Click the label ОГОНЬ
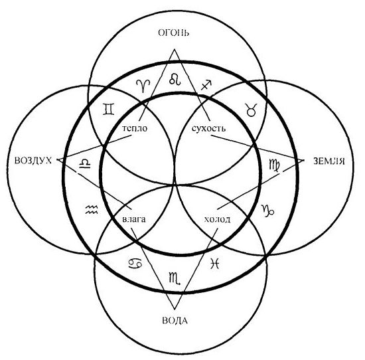click(x=174, y=33)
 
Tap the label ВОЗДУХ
click(x=33, y=161)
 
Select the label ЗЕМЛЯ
click(x=329, y=161)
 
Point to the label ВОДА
click(x=175, y=321)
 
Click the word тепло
click(x=135, y=128)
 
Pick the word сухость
click(x=208, y=128)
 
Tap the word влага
click(x=134, y=219)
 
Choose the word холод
click(x=217, y=219)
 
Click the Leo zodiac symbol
click(x=175, y=79)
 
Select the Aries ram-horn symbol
click(x=143, y=86)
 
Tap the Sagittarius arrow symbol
click(x=206, y=85)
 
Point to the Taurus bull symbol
click(x=252, y=110)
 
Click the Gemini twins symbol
click(x=109, y=110)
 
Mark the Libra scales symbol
click(x=85, y=163)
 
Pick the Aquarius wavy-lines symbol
click(x=92, y=209)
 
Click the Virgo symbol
click(x=275, y=165)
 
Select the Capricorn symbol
click(x=267, y=211)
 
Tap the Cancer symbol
click(x=135, y=264)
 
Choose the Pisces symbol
click(x=214, y=264)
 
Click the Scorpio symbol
click(x=175, y=278)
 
